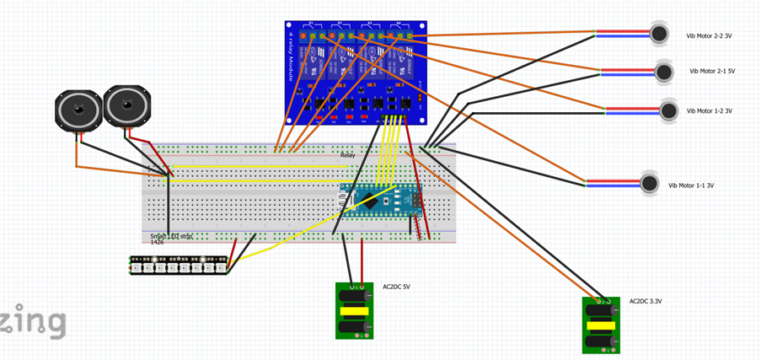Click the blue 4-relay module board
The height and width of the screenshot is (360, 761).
[x=356, y=74]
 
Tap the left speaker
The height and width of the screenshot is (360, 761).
[x=78, y=111]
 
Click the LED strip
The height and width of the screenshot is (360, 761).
[x=179, y=265]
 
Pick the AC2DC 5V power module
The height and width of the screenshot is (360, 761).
[x=354, y=310]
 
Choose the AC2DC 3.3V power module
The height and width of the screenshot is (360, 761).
[x=601, y=325]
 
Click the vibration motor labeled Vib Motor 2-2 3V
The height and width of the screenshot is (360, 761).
[x=659, y=34]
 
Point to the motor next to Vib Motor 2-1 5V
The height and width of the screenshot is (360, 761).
[x=665, y=72]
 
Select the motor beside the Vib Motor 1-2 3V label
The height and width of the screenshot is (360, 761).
[x=668, y=110]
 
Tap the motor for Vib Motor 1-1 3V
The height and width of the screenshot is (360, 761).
[x=649, y=183]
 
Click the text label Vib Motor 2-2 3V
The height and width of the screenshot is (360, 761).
[x=709, y=36]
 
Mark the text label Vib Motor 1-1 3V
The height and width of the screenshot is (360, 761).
[x=691, y=185]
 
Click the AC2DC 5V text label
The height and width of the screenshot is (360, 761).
[x=396, y=287]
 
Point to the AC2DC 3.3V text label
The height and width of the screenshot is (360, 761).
[x=645, y=301]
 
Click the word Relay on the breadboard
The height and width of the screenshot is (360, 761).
[x=348, y=156]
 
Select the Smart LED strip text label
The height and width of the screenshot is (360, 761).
[x=171, y=237]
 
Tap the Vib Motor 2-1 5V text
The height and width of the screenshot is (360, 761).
[x=712, y=72]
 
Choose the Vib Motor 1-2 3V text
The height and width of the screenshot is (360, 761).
[x=709, y=111]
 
